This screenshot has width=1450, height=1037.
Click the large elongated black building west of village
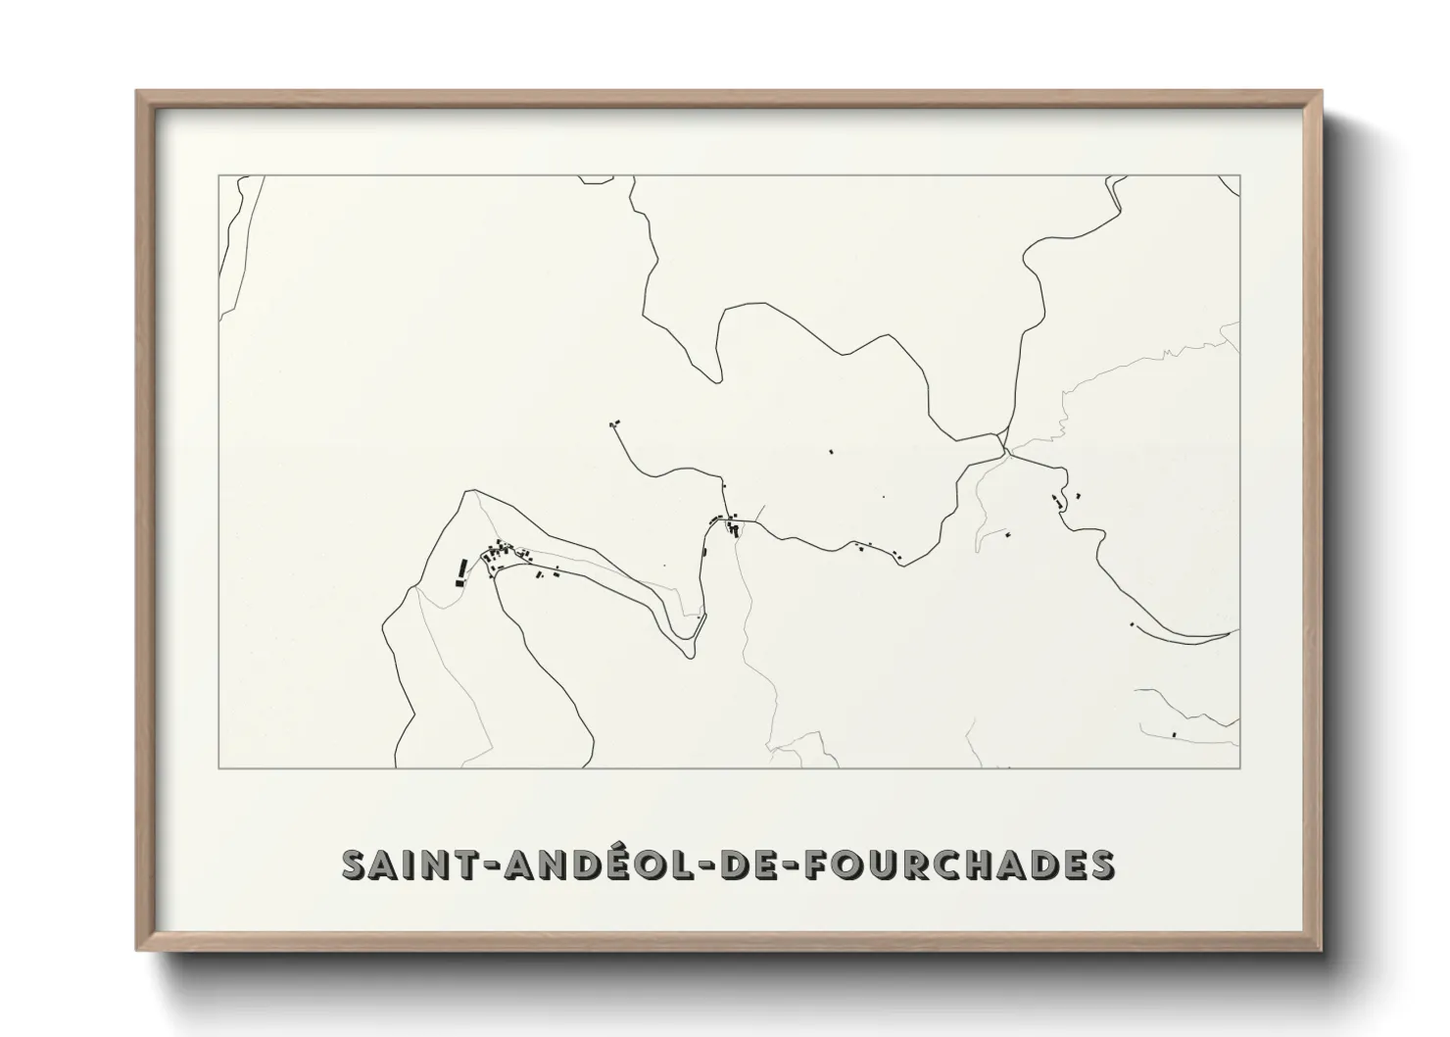pos(460,570)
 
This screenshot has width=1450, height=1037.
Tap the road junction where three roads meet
pos(1004,449)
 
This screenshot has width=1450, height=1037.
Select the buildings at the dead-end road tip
pos(614,423)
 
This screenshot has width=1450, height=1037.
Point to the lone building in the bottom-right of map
pos(1174,733)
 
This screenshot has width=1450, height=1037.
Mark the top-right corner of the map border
pos(1240,175)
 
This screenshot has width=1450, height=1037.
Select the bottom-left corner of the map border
pos(217,768)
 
